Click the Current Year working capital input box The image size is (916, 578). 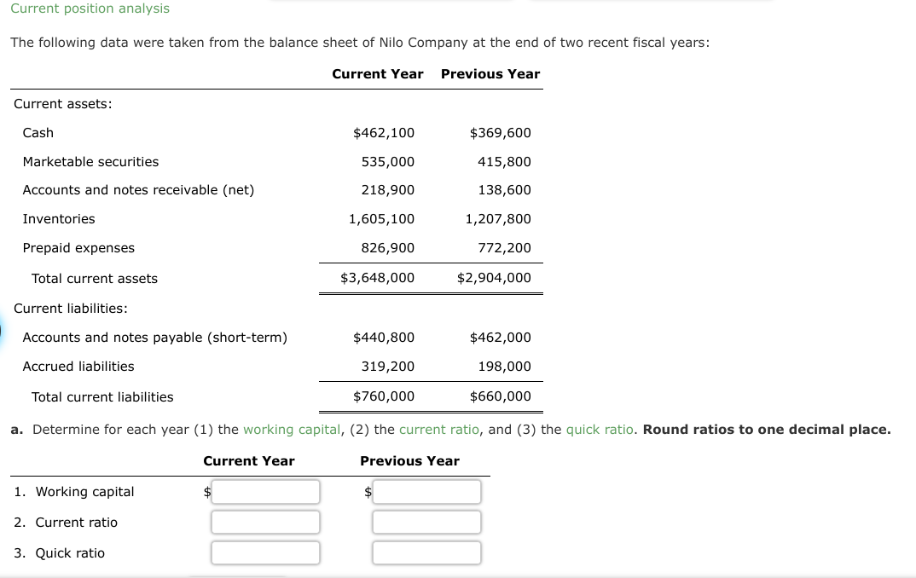point(265,492)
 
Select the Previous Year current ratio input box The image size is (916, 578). point(426,523)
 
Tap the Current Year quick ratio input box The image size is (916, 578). point(265,553)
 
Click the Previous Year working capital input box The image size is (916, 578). point(426,492)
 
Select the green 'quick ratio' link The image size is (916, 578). point(600,430)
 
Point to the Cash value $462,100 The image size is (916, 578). point(384,133)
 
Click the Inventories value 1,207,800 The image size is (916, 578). point(498,219)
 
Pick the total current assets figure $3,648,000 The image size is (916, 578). point(377,278)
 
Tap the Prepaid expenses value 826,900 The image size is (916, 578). point(388,248)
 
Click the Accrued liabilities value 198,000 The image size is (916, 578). point(504,367)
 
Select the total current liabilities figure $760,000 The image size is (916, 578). point(384,396)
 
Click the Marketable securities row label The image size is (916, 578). point(90,162)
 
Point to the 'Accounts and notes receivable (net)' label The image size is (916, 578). point(138,190)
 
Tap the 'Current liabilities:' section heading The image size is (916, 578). point(71,308)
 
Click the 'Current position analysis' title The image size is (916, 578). point(90,9)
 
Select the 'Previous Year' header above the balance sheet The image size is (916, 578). point(490,74)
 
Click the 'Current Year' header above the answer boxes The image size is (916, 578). point(249,461)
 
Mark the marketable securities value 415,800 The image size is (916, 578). point(504,162)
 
